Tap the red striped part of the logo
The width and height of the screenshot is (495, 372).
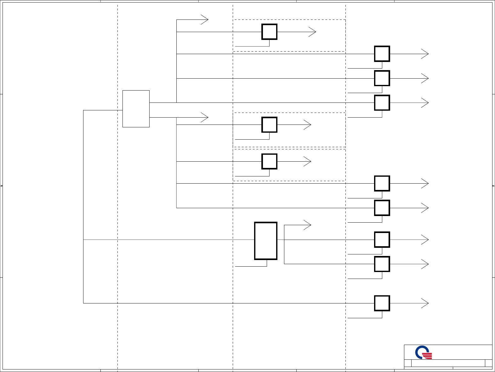click(x=427, y=356)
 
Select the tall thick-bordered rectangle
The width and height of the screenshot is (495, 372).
click(x=266, y=241)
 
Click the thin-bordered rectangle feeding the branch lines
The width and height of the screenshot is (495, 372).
click(x=136, y=109)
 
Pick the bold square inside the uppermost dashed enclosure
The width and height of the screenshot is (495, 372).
click(x=269, y=32)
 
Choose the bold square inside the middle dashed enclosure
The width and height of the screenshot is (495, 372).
click(x=269, y=125)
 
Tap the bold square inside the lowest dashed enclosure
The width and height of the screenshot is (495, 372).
click(x=269, y=162)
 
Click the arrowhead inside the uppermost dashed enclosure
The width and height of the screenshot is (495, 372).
click(x=313, y=32)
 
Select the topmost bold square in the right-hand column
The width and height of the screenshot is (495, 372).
click(x=382, y=54)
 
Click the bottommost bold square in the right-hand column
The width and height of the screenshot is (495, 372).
click(x=382, y=303)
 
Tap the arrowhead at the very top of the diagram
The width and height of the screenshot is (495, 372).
click(x=205, y=20)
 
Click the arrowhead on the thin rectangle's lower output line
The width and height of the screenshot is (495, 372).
click(x=205, y=118)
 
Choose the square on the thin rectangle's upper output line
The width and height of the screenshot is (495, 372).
click(x=382, y=103)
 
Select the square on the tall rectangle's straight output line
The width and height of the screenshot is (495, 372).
click(x=382, y=240)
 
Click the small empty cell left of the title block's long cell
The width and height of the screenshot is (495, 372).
click(x=408, y=363)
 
